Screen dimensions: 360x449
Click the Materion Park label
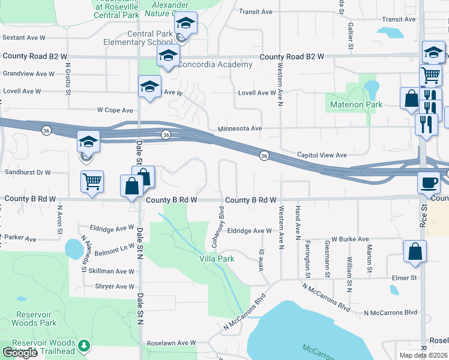(x=356, y=105)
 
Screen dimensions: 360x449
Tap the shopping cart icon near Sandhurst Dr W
(x=92, y=181)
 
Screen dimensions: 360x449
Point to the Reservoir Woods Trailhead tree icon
(x=85, y=346)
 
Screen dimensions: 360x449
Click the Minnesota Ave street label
(x=240, y=128)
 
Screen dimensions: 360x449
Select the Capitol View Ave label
(x=322, y=155)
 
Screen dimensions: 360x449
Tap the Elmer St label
(x=405, y=278)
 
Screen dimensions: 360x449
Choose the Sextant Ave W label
(x=24, y=37)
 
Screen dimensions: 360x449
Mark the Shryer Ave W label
(x=115, y=287)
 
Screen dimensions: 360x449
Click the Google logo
(x=20, y=353)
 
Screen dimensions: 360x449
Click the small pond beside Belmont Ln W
(x=73, y=247)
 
